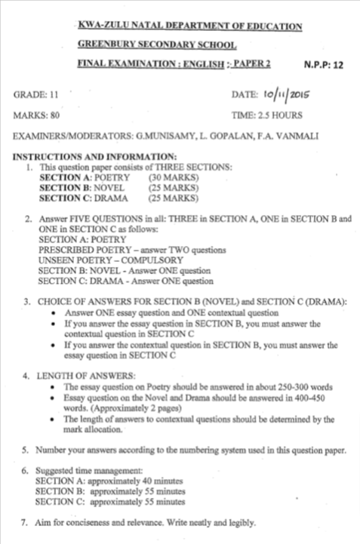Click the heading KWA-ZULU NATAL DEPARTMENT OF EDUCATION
pyautogui.click(x=189, y=27)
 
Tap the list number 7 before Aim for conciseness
pyautogui.click(x=24, y=521)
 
